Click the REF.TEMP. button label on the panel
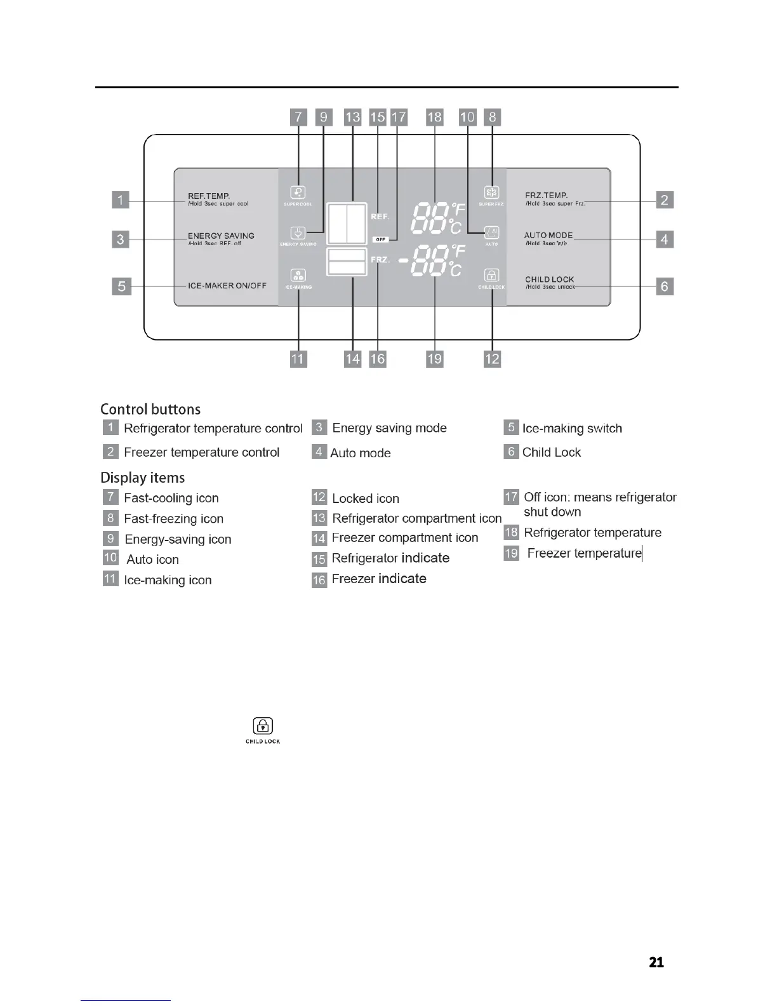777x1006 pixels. pos(209,196)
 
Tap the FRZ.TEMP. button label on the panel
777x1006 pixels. pos(547,196)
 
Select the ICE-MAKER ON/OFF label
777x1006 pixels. pos(227,286)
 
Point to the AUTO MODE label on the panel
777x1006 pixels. pos(548,235)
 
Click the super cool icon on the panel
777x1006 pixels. pos(298,192)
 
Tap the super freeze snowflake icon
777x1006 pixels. pos(491,192)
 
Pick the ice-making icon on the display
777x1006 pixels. pos(298,276)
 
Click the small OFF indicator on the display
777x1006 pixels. pos(380,239)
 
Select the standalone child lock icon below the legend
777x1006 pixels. pos(263,726)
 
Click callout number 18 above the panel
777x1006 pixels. pos(435,117)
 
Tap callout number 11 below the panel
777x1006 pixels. pos(298,359)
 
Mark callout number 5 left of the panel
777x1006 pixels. pos(121,286)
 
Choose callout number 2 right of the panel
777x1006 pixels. pos(665,200)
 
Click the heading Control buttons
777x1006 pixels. pos(150,409)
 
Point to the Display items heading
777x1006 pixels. pos(143,478)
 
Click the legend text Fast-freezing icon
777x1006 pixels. pos(173,519)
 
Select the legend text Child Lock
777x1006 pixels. pos(551,452)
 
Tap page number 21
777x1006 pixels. pos(656,962)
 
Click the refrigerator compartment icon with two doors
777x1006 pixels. pos(347,224)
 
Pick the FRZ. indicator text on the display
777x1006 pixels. pos(380,260)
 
